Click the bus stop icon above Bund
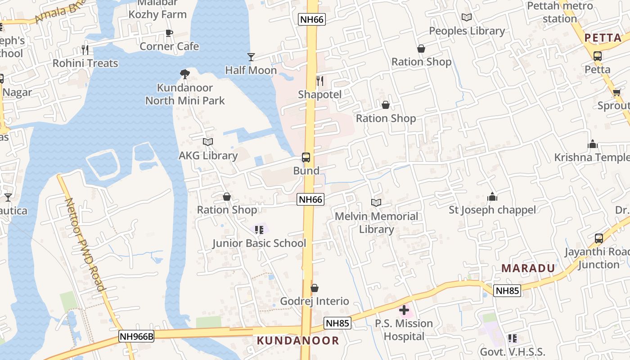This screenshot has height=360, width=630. (306, 157)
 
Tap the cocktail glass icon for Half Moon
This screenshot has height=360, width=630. (251, 57)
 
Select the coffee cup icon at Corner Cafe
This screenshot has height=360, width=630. (169, 33)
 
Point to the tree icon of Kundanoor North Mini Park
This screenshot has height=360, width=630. (184, 74)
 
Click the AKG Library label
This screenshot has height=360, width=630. (208, 156)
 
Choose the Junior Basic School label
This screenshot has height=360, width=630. (259, 243)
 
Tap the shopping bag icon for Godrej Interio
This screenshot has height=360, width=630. (315, 288)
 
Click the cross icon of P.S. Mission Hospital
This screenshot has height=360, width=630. (404, 310)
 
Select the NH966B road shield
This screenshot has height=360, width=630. (136, 336)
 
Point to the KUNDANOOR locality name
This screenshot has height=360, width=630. (298, 341)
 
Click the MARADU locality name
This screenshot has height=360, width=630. (528, 269)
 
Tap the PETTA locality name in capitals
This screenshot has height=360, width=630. (603, 38)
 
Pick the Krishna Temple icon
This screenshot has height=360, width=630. (593, 144)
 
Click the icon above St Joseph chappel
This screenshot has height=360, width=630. (492, 197)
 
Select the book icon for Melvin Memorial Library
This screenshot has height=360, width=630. (376, 203)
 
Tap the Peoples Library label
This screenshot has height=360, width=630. (467, 31)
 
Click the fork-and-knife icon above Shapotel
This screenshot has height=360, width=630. (320, 81)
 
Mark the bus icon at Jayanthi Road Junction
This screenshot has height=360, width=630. (598, 238)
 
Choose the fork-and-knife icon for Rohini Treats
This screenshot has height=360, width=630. (85, 49)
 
